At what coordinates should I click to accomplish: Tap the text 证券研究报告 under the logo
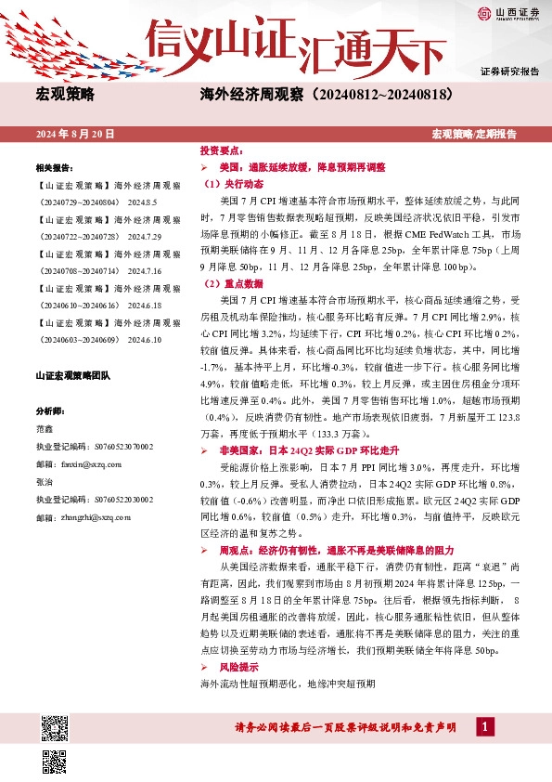pos(509,72)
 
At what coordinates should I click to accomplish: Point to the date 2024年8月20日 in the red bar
pos(75,134)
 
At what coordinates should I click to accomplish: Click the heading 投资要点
pos(222,150)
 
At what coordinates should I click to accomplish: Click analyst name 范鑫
pos(45,430)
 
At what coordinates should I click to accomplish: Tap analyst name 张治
pos(45,481)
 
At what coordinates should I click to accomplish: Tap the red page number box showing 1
pos(482,727)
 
